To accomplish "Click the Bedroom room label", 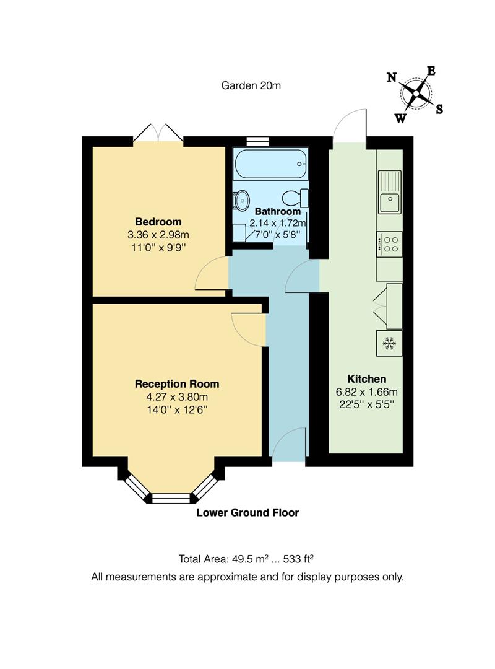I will click(x=158, y=222).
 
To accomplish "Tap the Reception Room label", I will click(x=177, y=384).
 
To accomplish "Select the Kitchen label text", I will click(x=366, y=379).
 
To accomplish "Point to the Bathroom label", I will click(x=278, y=211).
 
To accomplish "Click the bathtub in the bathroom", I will click(x=270, y=164).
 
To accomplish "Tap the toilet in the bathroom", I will click(x=295, y=198).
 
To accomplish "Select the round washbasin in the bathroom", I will click(x=241, y=199).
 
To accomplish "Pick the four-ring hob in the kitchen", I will click(x=389, y=243).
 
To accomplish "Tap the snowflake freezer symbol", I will click(x=389, y=343).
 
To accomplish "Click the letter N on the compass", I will click(x=392, y=77).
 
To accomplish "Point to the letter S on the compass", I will click(x=439, y=110).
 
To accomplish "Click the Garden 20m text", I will click(x=251, y=85).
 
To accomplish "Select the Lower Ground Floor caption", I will click(x=247, y=512).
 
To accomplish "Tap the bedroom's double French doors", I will click(x=159, y=133).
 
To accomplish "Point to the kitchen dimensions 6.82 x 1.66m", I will click(x=366, y=391).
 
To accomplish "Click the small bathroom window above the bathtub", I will click(x=257, y=141).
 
